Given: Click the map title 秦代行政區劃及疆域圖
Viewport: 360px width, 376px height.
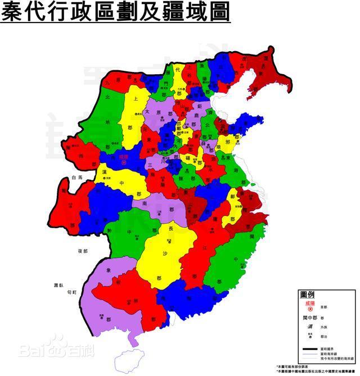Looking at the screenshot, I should (x=115, y=12).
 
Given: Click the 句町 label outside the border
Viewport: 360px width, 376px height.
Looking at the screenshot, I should (x=70, y=293).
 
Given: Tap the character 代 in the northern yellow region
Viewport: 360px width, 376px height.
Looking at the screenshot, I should (x=178, y=70).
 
